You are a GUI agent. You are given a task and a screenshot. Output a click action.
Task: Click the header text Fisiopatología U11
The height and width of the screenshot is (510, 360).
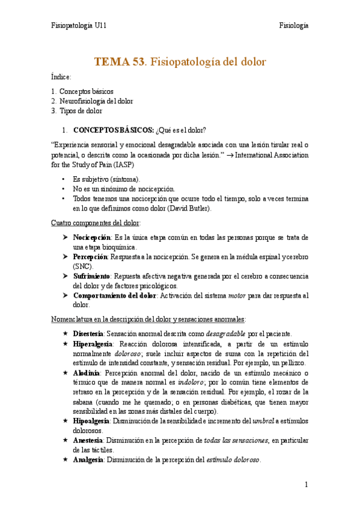click(x=79, y=25)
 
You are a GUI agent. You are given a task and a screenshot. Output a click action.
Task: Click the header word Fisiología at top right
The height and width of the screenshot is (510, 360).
click(x=294, y=25)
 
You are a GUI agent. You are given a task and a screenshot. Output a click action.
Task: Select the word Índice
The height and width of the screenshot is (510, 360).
click(x=61, y=78)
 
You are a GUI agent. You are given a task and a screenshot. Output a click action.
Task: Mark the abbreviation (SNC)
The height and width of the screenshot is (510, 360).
click(x=83, y=266)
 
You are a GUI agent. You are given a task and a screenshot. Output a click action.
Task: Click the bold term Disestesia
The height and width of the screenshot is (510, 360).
click(x=88, y=333)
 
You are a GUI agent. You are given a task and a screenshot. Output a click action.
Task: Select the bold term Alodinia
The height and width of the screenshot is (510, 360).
click(x=87, y=373)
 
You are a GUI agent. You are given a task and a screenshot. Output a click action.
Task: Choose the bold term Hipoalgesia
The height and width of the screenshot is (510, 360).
click(x=91, y=421)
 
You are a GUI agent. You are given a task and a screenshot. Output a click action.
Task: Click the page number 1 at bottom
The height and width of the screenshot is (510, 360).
click(x=306, y=485)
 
